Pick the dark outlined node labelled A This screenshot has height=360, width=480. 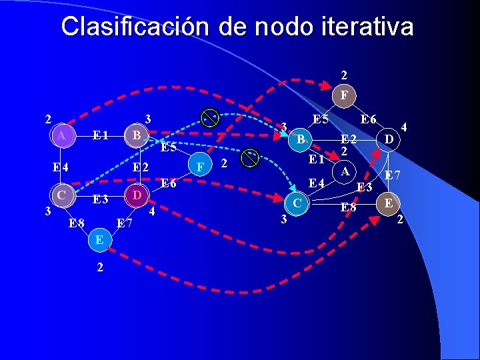345,172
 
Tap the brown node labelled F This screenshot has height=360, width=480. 343,95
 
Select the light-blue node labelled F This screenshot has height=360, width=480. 199,166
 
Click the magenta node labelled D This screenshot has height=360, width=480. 135,196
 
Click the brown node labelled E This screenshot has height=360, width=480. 387,203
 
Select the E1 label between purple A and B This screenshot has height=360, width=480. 101,136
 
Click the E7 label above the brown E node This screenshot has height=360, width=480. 392,176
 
